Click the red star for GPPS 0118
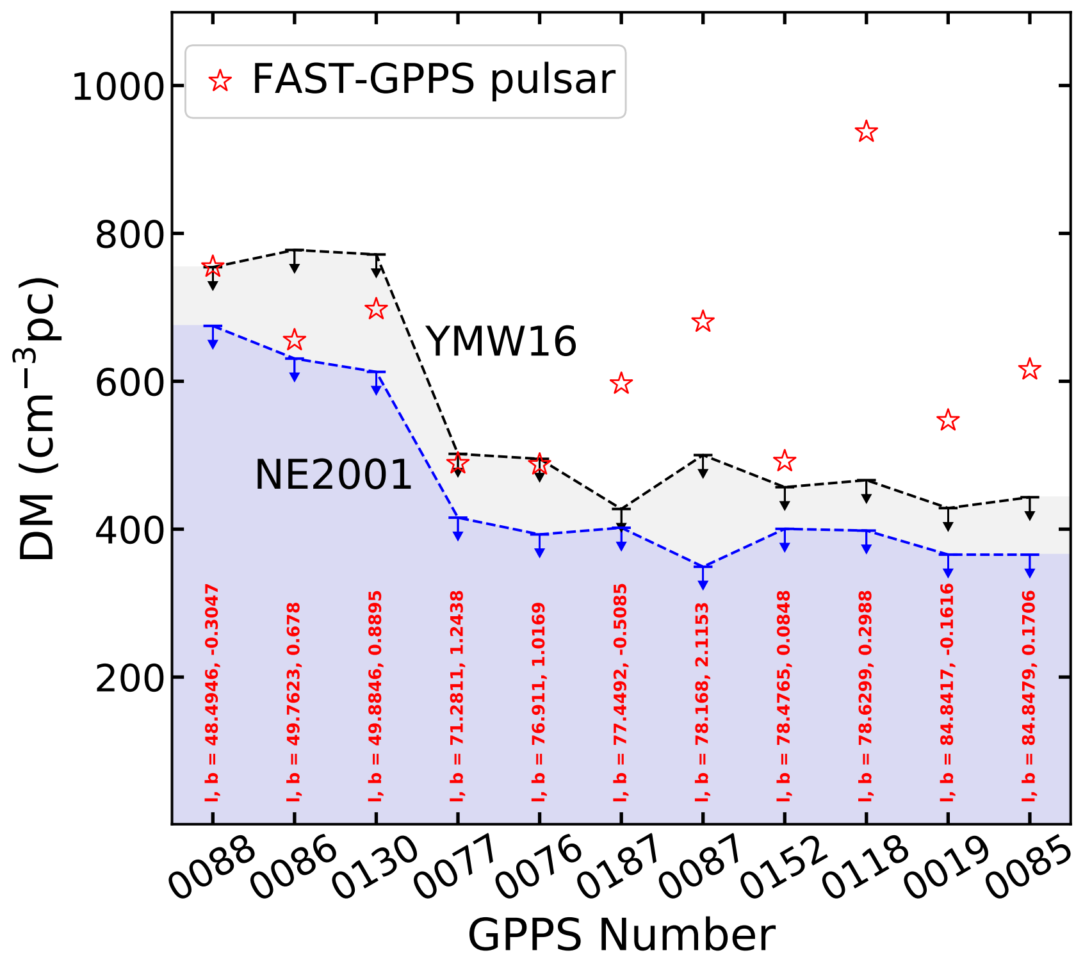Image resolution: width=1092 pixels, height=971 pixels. pyautogui.click(x=866, y=132)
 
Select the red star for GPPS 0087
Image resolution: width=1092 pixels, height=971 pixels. pyautogui.click(x=703, y=322)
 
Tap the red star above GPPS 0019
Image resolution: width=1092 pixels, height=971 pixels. pyautogui.click(x=948, y=421)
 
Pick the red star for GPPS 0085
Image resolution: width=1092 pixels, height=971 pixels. pyautogui.click(x=1029, y=370)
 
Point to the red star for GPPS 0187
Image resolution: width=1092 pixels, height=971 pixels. pyautogui.click(x=621, y=384)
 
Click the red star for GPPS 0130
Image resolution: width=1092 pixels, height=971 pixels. pyautogui.click(x=376, y=309)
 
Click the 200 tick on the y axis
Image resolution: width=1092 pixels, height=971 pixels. pyautogui.click(x=128, y=678)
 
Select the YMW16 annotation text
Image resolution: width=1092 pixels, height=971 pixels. pyautogui.click(x=501, y=341)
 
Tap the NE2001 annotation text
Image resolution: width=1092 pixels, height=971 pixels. pyautogui.click(x=333, y=475)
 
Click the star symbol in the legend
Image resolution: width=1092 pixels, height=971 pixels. pyautogui.click(x=220, y=81)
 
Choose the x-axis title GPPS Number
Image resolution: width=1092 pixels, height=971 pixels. pyautogui.click(x=621, y=936)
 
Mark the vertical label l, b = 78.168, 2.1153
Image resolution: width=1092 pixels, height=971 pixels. pyautogui.click(x=703, y=701)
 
